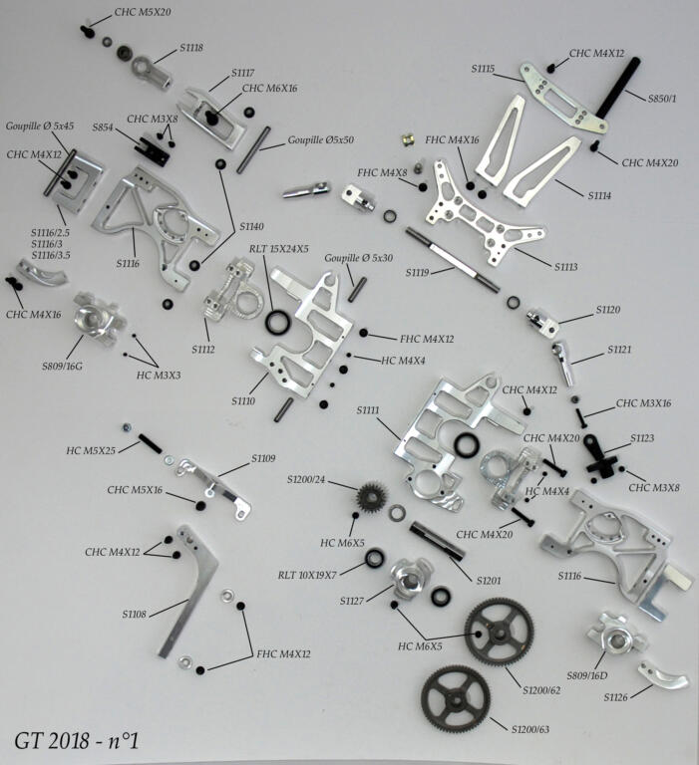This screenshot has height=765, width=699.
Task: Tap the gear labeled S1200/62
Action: pos(499,631)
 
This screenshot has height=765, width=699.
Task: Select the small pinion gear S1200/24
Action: pos(375,495)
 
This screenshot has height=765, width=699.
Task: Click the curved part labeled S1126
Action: pos(659,673)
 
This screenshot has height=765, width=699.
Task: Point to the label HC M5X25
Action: pos(91,450)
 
